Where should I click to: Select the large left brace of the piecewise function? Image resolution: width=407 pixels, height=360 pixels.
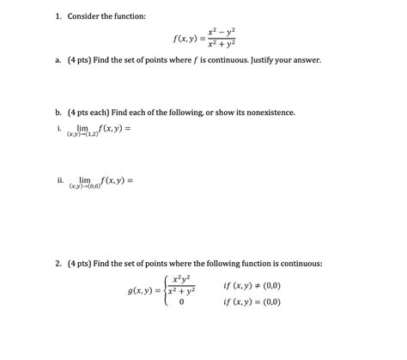[x=166, y=294]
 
